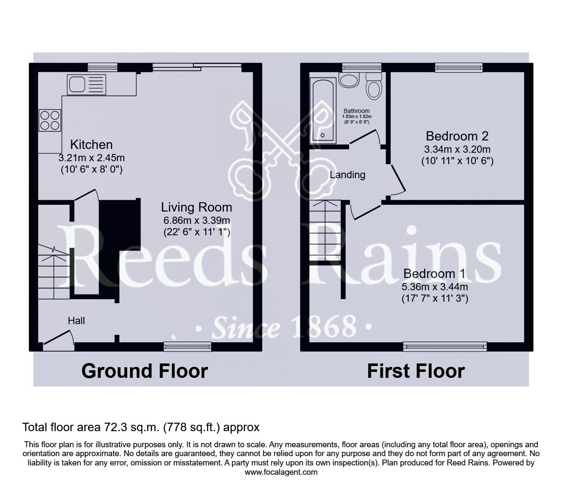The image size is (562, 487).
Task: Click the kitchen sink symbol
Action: point(85,85)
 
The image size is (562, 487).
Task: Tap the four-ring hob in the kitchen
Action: point(50,120)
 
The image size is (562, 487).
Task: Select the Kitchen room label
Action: point(91,145)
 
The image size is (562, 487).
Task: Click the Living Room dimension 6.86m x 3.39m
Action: point(196,220)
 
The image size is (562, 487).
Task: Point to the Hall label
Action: point(77,321)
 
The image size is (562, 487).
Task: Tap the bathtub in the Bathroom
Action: point(323,111)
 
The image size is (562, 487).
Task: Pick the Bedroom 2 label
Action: point(457,136)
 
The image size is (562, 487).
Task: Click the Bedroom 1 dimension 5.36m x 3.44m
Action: point(435,286)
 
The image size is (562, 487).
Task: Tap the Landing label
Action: point(347,175)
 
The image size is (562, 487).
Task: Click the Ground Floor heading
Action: point(144,371)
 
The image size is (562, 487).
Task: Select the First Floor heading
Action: point(416,371)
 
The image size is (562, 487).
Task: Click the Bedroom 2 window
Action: point(459,67)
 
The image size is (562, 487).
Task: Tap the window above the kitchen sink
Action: point(103,67)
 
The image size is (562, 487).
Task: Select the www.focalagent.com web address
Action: point(281,472)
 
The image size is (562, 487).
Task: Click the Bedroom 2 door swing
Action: point(397,182)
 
